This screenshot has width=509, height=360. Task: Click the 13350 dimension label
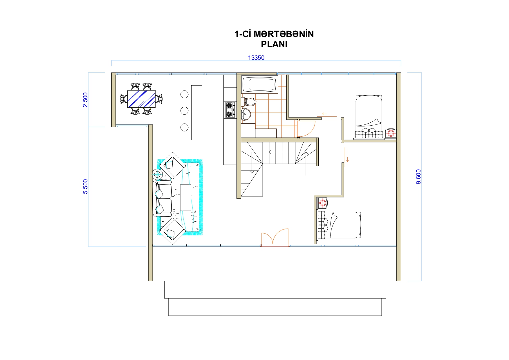[256, 58]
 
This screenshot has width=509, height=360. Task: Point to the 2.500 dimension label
[85, 100]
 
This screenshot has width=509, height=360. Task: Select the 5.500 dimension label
[85, 187]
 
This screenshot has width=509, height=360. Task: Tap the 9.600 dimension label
[418, 177]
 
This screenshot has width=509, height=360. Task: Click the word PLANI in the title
[274, 44]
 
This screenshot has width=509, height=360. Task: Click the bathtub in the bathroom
[259, 85]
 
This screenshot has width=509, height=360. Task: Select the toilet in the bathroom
[249, 102]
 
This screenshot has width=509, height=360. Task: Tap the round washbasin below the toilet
[246, 114]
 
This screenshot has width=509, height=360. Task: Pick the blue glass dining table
[141, 99]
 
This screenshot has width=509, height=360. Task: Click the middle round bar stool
[184, 111]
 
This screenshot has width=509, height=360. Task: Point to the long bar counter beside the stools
[196, 113]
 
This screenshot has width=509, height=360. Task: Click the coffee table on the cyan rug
[186, 198]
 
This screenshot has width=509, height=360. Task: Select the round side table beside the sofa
[157, 174]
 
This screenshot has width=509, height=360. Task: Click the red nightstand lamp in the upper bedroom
[391, 133]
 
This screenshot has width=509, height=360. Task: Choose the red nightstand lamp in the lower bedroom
[322, 203]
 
